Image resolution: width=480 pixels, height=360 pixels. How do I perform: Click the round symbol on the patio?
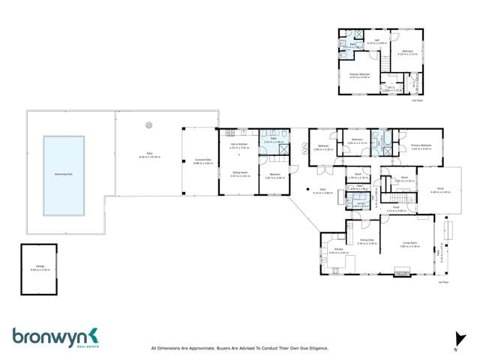[x=148, y=125]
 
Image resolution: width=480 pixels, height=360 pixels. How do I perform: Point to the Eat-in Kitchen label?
[x=238, y=146]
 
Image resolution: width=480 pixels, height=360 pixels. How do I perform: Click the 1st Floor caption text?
[x=442, y=283]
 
